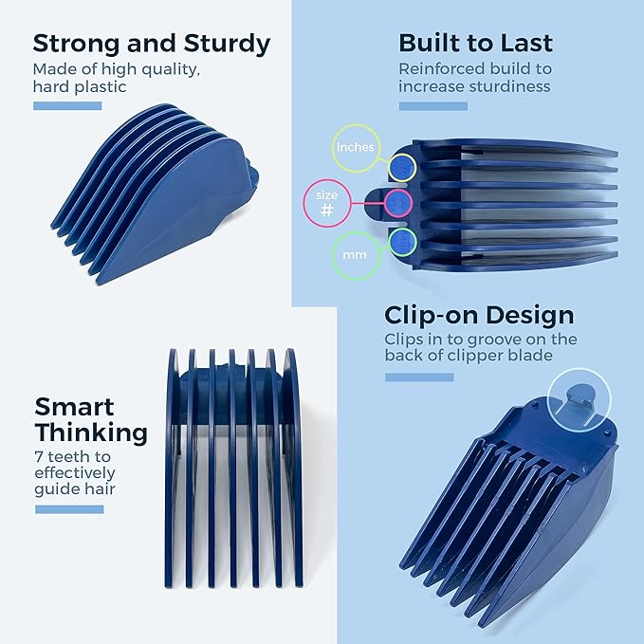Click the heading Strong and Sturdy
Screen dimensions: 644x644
[x=152, y=44]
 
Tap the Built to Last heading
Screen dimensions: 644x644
[x=475, y=44]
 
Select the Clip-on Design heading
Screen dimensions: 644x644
[x=479, y=315]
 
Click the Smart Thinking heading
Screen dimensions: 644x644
[x=91, y=420]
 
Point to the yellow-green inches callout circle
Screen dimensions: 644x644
[x=356, y=148]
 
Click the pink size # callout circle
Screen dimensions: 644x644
[x=327, y=204]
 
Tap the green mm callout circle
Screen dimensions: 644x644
[x=355, y=255]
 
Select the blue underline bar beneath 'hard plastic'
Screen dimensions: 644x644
[x=67, y=105]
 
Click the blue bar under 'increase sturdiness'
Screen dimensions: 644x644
[x=432, y=105]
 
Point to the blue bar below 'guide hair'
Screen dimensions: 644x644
[x=69, y=509]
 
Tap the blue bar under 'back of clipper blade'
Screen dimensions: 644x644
[x=419, y=377]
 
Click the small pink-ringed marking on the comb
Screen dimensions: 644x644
[x=397, y=202]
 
